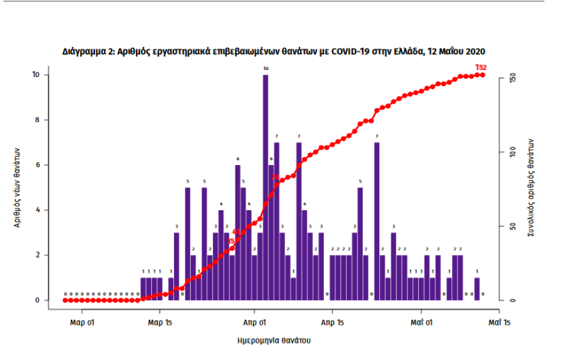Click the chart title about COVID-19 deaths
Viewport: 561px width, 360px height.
click(x=274, y=51)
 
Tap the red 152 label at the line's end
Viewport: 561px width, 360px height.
click(x=481, y=67)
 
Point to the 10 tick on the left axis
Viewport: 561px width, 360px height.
click(x=36, y=75)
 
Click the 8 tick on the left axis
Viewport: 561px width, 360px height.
click(x=37, y=120)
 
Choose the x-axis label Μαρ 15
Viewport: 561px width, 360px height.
click(x=160, y=322)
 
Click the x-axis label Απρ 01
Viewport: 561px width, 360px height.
click(x=254, y=322)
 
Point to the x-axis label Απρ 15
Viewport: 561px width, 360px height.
click(x=331, y=322)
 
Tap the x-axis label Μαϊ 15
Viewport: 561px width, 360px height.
click(x=498, y=322)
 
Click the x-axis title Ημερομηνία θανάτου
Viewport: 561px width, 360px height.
click(x=273, y=340)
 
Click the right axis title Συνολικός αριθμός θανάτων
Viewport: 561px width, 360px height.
click(x=530, y=188)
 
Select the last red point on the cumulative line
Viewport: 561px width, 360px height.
click(x=483, y=75)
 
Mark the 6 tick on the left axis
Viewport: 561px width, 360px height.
click(x=37, y=165)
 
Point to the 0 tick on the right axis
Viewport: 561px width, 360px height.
click(x=504, y=300)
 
